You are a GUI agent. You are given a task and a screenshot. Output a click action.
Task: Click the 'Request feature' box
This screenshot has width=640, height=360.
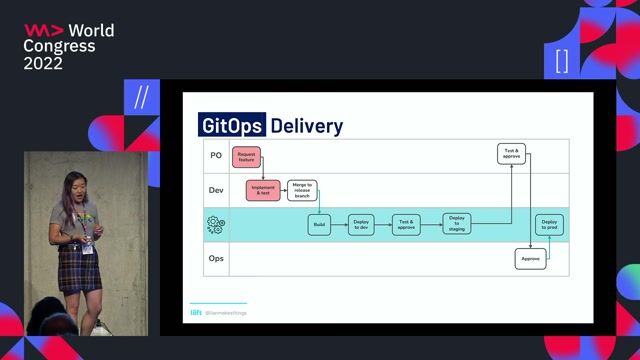[x=245, y=157]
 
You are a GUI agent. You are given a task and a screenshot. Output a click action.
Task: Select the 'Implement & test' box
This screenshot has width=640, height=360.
[x=263, y=190]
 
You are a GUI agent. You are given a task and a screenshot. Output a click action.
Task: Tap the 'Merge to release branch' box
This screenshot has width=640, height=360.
[x=302, y=190]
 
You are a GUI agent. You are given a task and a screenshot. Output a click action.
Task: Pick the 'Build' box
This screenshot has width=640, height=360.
[x=319, y=225]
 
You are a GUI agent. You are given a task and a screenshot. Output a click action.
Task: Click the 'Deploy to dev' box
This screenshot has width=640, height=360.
[x=362, y=225]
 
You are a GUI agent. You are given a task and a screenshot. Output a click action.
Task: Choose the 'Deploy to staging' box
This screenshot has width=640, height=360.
[x=457, y=225]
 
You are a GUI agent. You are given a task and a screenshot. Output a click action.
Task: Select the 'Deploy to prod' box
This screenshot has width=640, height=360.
[x=549, y=225]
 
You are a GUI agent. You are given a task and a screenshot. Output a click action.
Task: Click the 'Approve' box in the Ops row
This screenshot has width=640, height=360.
[x=530, y=259]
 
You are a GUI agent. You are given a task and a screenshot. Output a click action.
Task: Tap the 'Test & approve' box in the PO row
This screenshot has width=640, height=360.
[x=511, y=153]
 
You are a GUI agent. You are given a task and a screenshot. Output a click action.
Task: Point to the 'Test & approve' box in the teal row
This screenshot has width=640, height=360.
[x=405, y=225]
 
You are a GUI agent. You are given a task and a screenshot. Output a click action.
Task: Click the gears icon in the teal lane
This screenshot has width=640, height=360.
[x=215, y=225]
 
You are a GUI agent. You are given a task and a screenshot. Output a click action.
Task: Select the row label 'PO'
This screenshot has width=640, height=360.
[x=215, y=155]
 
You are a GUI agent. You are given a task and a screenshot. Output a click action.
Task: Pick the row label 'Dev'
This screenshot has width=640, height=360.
[x=215, y=190]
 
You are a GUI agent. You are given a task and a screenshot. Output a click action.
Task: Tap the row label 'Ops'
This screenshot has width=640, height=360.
[x=215, y=259]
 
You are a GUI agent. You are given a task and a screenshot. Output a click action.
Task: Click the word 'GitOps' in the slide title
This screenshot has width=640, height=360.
[x=232, y=126]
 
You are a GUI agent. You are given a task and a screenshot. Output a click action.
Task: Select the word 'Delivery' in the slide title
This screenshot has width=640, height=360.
[x=306, y=126]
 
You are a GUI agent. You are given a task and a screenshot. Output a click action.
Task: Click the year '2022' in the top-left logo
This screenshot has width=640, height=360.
[x=43, y=63]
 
